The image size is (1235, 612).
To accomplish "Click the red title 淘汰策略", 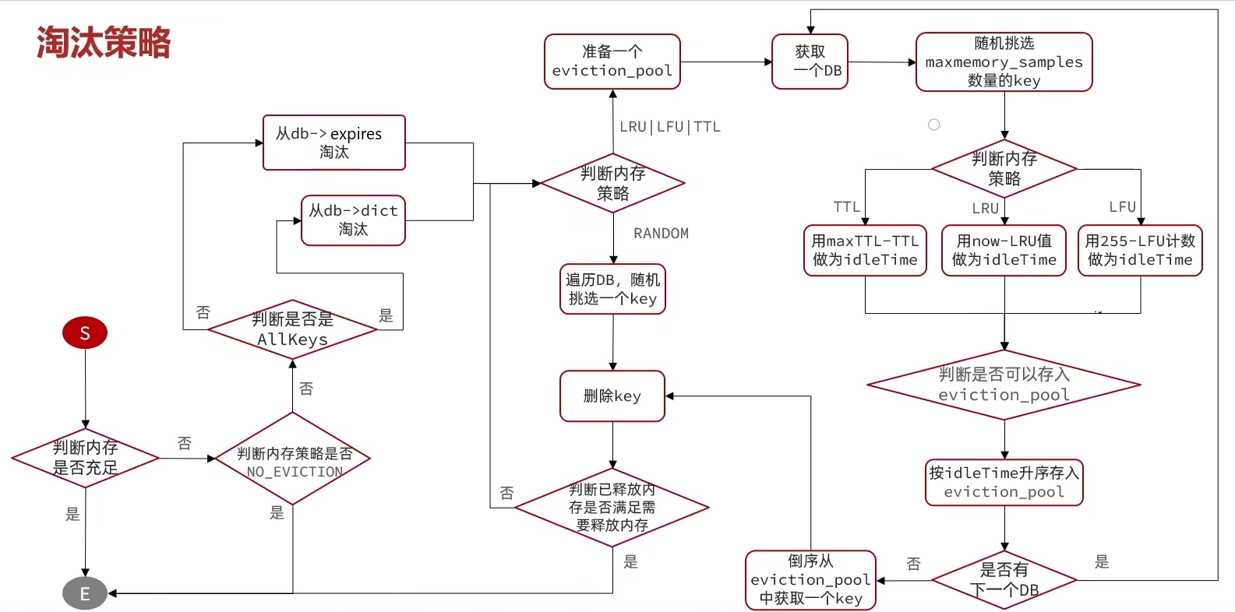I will pyautogui.click(x=104, y=43).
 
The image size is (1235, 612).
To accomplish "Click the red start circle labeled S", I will pyautogui.click(x=85, y=333).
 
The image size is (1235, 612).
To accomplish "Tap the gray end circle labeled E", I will pyautogui.click(x=85, y=593).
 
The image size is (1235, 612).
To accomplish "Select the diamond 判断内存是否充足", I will pyautogui.click(x=86, y=458).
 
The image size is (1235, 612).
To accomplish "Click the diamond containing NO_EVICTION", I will pyautogui.click(x=293, y=459).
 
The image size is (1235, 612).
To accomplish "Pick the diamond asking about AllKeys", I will pyautogui.click(x=293, y=329).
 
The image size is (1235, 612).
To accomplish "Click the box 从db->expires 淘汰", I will pyautogui.click(x=334, y=142).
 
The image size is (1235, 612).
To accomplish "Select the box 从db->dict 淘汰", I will pyautogui.click(x=353, y=220).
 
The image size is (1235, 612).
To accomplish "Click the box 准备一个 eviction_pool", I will pyautogui.click(x=612, y=62).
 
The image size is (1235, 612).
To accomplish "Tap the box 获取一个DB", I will pyautogui.click(x=810, y=62).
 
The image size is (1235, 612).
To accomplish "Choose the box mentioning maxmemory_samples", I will pyautogui.click(x=1004, y=62).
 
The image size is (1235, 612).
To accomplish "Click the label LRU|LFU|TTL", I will pyautogui.click(x=670, y=127).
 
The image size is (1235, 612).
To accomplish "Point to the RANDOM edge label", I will pyautogui.click(x=661, y=234).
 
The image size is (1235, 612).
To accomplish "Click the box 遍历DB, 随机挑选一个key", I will pyautogui.click(x=612, y=290).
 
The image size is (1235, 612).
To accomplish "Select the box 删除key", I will pyautogui.click(x=612, y=396).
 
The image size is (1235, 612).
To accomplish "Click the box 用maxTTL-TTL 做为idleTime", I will pyautogui.click(x=865, y=251).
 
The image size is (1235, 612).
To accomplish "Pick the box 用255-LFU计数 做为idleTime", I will pyautogui.click(x=1140, y=251).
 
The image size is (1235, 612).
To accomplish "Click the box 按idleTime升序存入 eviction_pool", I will pyautogui.click(x=1004, y=483).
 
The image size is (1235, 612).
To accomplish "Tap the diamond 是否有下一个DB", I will pyautogui.click(x=1004, y=580).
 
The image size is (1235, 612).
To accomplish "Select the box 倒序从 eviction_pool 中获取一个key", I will pyautogui.click(x=810, y=580).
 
